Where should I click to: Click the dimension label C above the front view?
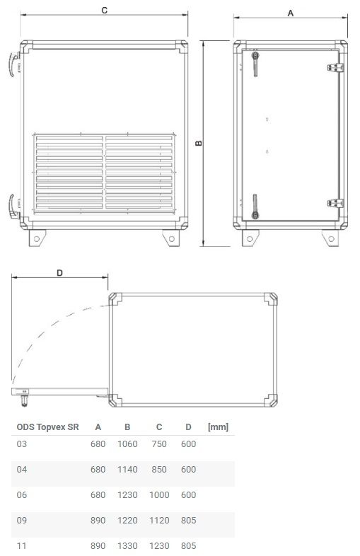point(104,11)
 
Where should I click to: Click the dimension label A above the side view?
point(290,13)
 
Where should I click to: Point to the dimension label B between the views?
point(199,143)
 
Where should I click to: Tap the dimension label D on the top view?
point(59,273)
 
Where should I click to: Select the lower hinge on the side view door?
point(335,203)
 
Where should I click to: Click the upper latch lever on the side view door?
point(252,62)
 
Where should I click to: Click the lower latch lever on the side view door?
point(252,205)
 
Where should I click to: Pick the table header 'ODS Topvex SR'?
point(47,427)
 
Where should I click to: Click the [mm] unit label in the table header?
point(217,427)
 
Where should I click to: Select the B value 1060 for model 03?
point(127,444)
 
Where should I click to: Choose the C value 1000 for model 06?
point(159,495)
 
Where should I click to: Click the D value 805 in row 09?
point(187,521)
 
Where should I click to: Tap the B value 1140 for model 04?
point(127,470)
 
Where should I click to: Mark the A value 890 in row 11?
point(98,546)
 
